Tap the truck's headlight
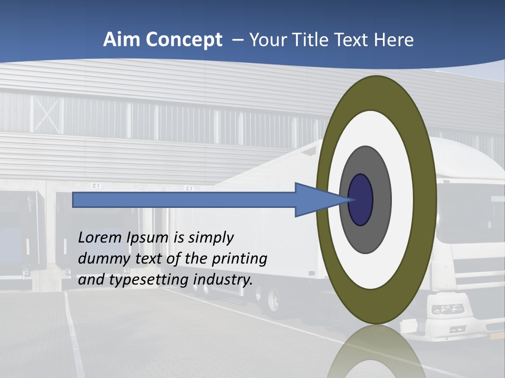[x=448, y=309]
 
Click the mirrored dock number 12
[x=95, y=186]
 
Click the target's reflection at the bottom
[x=377, y=352]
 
